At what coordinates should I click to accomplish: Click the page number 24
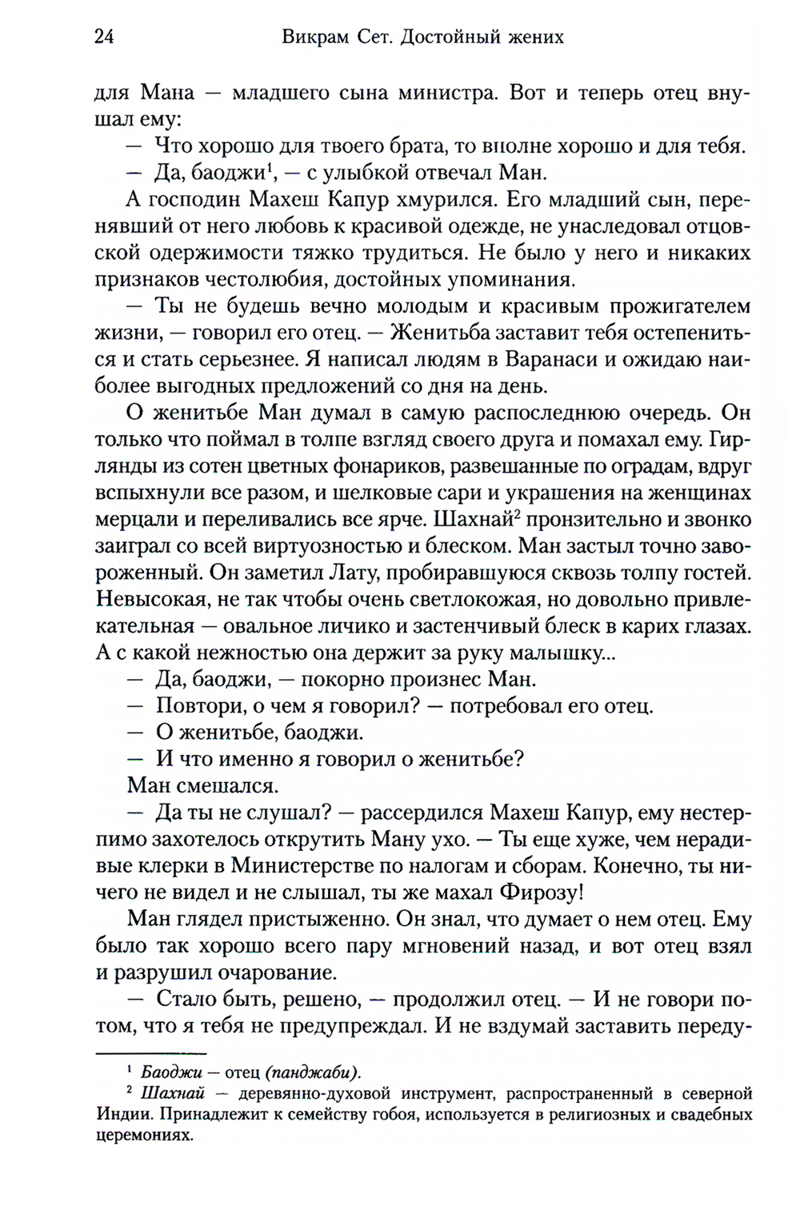point(104,37)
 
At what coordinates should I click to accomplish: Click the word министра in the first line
point(443,93)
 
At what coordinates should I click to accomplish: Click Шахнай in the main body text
point(472,520)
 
